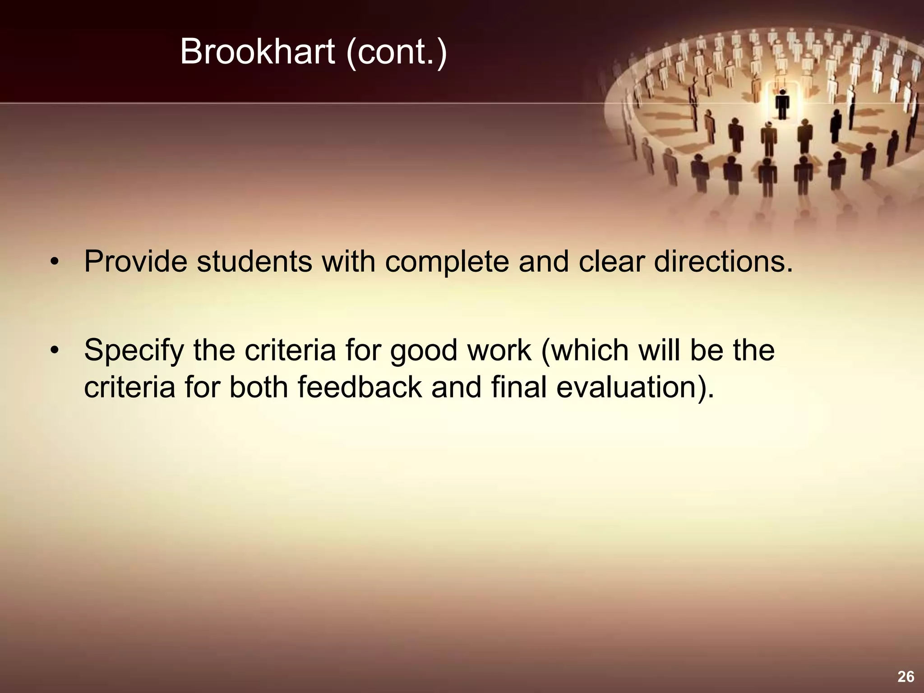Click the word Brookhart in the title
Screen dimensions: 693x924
pyautogui.click(x=257, y=52)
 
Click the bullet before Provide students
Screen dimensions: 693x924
pyautogui.click(x=55, y=262)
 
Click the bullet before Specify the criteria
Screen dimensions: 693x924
pyautogui.click(x=55, y=351)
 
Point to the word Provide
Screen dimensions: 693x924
pyautogui.click(x=135, y=261)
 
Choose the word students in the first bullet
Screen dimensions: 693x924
pyautogui.click(x=254, y=261)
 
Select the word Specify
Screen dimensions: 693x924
pyautogui.click(x=134, y=351)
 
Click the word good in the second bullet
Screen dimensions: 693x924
pyautogui.click(x=424, y=351)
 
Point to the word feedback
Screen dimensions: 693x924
pyautogui.click(x=360, y=387)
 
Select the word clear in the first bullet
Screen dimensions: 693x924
pyautogui.click(x=611, y=261)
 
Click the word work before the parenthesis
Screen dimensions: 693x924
pyautogui.click(x=499, y=350)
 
